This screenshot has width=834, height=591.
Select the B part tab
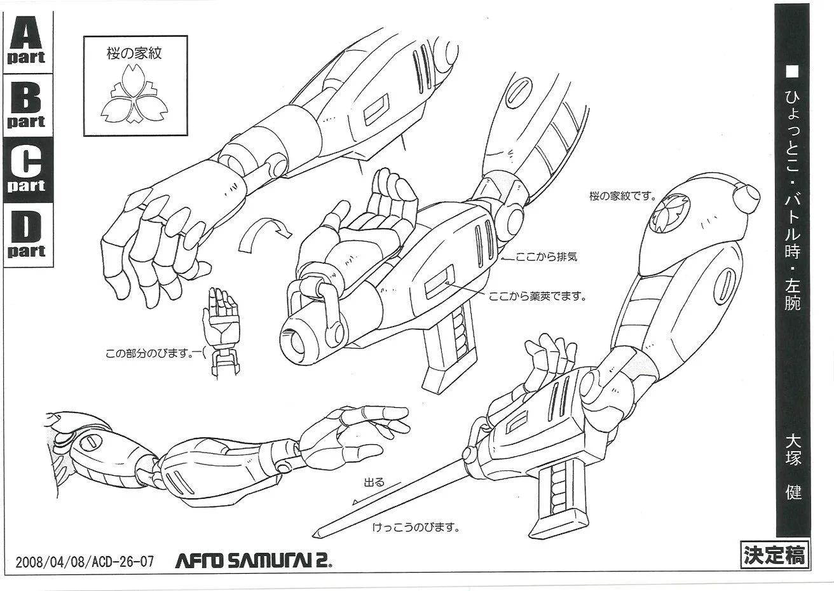(27, 106)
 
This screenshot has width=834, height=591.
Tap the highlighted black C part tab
(27, 171)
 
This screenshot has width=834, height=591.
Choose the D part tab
(27, 235)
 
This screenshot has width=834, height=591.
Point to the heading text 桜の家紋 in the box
(134, 53)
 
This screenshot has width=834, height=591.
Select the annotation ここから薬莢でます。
(538, 296)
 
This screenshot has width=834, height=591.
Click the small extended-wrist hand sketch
(219, 330)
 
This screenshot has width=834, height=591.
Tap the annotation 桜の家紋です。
(622, 196)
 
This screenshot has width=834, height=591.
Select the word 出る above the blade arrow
(373, 482)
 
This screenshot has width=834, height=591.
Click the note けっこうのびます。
(416, 527)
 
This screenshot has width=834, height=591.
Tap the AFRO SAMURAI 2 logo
(254, 560)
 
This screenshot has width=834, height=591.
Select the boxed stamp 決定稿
(773, 554)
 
